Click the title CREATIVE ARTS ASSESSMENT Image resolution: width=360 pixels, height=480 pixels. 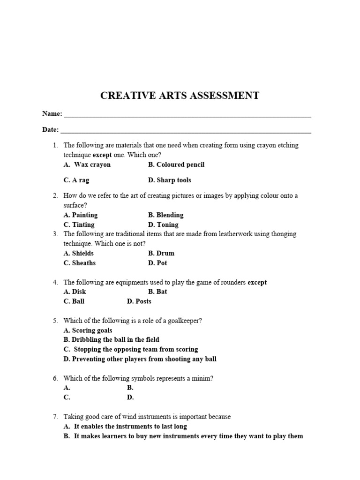click(180, 96)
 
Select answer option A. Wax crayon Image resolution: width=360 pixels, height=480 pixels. click(87, 165)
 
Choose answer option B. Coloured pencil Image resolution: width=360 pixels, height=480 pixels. click(176, 165)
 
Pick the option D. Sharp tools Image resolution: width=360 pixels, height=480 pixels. click(170, 180)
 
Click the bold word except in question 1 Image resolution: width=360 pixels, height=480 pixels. click(102, 155)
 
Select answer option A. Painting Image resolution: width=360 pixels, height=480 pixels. click(81, 215)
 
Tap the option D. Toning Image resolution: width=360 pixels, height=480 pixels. click(163, 225)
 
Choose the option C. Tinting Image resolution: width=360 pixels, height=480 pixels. click(79, 225)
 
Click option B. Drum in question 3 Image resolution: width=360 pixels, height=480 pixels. click(161, 253)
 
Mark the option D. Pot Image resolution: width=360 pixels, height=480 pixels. click(157, 263)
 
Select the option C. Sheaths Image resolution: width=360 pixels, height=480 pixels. click(80, 263)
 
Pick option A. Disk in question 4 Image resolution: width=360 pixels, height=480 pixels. click(75, 292)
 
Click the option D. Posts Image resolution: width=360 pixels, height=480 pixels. click(139, 301)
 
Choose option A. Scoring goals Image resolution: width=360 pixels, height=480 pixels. click(88, 330)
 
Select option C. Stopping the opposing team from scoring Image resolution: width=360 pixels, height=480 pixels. click(131, 349)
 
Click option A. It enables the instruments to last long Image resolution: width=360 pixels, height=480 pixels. click(125, 426)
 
